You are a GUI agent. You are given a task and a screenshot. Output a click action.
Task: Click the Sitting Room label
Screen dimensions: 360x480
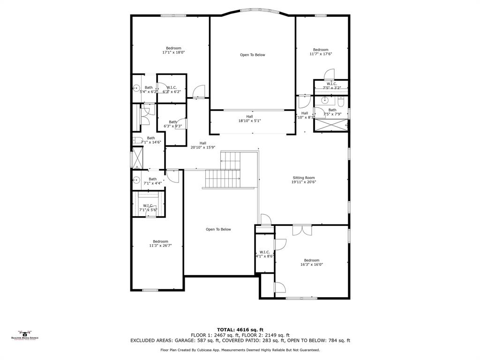pos(304,180)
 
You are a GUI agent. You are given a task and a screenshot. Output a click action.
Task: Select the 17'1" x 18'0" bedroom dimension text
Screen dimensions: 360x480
pos(173,52)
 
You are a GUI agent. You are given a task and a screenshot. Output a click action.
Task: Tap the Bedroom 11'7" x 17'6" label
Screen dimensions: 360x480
pos(321,52)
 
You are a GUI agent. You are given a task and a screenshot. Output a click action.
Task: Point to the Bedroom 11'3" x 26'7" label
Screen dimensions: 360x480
pos(160,243)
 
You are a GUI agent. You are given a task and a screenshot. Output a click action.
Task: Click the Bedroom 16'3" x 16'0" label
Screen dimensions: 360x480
pos(312,262)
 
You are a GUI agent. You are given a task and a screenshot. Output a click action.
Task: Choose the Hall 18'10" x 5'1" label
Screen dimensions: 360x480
pos(249,119)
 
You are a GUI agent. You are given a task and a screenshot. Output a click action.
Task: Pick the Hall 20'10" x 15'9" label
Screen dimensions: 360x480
pos(202,145)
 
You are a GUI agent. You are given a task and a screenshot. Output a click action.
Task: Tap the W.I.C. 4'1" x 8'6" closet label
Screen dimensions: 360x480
pos(264,254)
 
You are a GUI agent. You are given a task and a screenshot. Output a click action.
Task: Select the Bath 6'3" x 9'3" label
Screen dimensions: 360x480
pos(172,124)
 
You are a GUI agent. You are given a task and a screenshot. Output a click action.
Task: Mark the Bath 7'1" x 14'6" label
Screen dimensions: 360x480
pos(151,140)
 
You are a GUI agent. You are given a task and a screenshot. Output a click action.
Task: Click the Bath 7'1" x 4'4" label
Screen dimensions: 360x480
pos(153,181)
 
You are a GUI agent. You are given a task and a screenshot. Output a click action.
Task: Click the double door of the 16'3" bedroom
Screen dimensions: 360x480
pos(302,230)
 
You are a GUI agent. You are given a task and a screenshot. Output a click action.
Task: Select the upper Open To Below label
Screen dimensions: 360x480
pos(253,55)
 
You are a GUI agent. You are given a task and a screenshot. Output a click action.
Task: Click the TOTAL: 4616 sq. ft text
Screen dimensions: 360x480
pos(240,330)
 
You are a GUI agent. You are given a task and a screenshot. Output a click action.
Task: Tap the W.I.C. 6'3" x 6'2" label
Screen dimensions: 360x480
pos(172,90)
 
